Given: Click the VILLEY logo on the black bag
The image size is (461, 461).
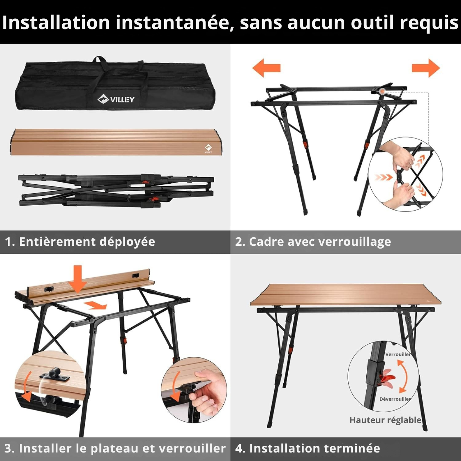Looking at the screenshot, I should click(x=116, y=99).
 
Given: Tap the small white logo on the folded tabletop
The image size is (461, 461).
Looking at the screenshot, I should click(x=208, y=149).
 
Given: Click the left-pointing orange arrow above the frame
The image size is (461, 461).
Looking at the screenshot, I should click(x=266, y=68).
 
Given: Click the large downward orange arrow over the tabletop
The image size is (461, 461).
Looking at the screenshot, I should click(x=78, y=279).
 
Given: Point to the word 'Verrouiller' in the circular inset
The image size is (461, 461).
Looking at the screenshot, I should click(x=398, y=354).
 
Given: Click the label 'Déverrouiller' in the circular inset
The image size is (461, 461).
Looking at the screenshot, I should click(x=395, y=399).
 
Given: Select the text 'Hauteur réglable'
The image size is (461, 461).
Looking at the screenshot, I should click(x=385, y=420).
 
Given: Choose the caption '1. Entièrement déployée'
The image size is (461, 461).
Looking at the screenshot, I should click(x=80, y=242).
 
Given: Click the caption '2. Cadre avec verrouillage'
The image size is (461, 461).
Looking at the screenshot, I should click(x=313, y=242).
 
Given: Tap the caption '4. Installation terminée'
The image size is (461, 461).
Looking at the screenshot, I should click(x=308, y=449).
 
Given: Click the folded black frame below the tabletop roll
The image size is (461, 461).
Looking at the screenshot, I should click(x=116, y=190).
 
